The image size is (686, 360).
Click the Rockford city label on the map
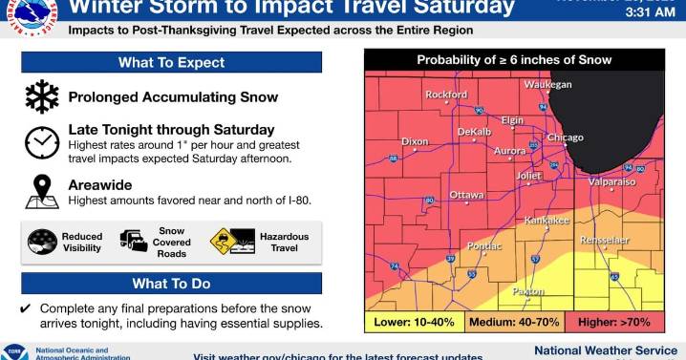446,95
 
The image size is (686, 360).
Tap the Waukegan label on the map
547,85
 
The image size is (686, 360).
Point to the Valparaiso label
611,180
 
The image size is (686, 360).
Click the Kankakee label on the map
547,221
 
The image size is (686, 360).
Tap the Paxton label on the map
528,291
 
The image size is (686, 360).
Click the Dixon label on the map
415,141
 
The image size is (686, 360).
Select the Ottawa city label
466,195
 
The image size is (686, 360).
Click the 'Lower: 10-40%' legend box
413,322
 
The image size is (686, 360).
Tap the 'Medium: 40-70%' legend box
514,322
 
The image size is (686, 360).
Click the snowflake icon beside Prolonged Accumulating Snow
41,96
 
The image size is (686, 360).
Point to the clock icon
41,141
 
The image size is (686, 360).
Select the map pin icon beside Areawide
41,191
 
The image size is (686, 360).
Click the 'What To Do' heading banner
171,283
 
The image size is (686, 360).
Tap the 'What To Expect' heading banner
171,62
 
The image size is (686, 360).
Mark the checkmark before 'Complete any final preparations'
26,308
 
